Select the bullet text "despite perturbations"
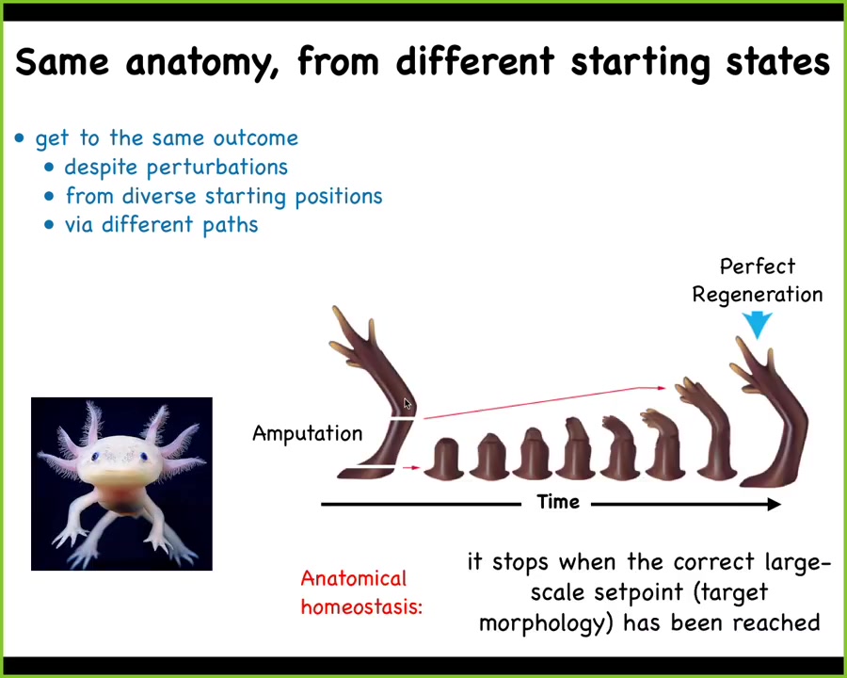click(x=176, y=168)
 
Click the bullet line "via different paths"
click(x=162, y=225)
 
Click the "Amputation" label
click(x=308, y=433)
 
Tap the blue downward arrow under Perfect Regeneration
click(x=757, y=325)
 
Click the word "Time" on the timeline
click(x=558, y=502)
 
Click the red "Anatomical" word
click(x=353, y=578)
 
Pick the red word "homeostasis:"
click(x=361, y=607)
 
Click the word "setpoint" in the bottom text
click(x=638, y=593)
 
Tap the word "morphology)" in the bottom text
click(x=546, y=623)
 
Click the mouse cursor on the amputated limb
click(x=408, y=403)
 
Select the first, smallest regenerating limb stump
click(x=444, y=459)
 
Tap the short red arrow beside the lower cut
click(x=411, y=467)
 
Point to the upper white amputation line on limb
click(x=403, y=418)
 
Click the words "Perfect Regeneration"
click(x=758, y=281)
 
